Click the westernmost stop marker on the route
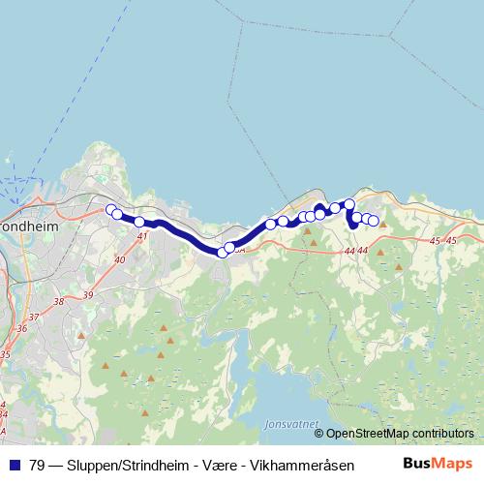point(110,209)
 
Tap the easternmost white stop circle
point(374,221)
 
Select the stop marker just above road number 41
point(140,222)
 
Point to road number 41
point(142,235)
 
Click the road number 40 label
point(119,259)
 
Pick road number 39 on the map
point(88,294)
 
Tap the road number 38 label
point(58,301)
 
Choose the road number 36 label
point(22,328)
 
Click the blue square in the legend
point(14,464)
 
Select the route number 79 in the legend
point(38,464)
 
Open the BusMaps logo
point(438,463)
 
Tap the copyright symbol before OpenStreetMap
point(318,434)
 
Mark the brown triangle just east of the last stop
point(383,225)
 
